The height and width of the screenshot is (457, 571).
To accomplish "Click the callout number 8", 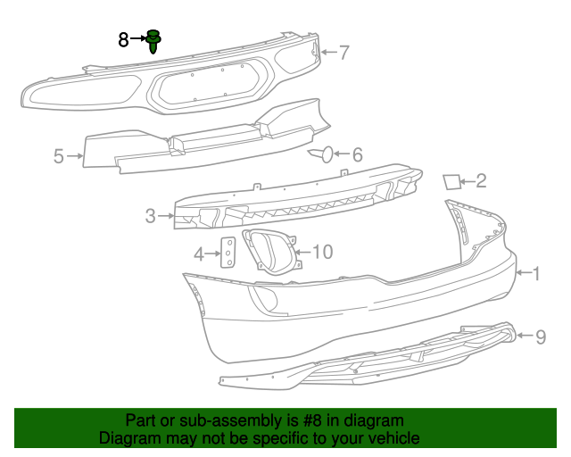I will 124,38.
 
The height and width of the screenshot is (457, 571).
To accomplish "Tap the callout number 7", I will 343,53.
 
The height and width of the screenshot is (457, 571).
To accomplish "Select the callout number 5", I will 59,156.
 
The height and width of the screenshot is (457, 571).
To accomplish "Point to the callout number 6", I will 357,154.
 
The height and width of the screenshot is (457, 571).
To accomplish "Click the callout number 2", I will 481,182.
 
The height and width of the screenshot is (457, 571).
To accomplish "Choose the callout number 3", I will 150,215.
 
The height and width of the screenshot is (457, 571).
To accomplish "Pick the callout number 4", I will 200,253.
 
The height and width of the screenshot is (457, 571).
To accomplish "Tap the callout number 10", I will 321,253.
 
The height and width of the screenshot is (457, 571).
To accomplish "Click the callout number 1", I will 536,273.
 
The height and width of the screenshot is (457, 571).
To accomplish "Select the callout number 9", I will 540,337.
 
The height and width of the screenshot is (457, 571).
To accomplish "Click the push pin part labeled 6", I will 323,155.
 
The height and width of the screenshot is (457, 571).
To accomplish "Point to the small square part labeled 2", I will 452,182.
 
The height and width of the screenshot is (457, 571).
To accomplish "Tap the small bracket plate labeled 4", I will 228,253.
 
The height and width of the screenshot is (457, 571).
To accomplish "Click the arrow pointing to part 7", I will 327,53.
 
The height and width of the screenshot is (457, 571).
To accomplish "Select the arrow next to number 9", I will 525,337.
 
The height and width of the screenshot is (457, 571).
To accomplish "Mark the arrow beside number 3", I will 165,215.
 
